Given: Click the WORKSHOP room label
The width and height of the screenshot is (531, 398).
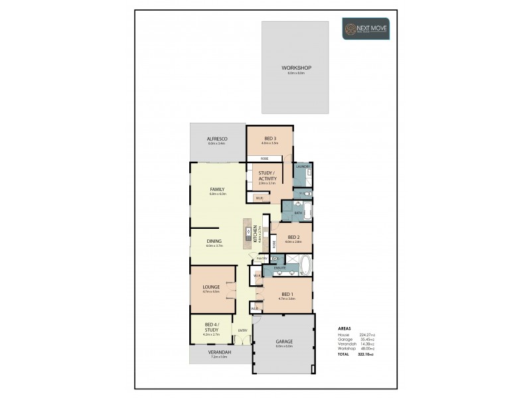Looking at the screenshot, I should point(296,68).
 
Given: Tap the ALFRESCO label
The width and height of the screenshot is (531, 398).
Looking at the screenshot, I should point(217,139).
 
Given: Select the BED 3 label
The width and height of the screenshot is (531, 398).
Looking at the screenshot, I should point(269,138).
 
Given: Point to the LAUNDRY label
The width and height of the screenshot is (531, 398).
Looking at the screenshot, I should point(303,166).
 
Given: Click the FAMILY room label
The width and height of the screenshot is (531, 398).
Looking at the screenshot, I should point(218,189).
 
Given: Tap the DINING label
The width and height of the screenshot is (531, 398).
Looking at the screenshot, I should point(214,241).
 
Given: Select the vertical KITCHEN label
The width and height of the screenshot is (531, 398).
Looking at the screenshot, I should point(256,235).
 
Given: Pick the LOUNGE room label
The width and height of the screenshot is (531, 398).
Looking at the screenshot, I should point(211,287).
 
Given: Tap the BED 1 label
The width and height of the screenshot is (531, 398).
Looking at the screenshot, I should point(287,294).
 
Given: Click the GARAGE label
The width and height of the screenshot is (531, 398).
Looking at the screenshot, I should point(284,342).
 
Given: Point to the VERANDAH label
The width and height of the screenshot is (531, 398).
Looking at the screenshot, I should point(218,353).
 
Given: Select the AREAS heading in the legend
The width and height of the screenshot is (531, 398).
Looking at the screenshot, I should point(344,328).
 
